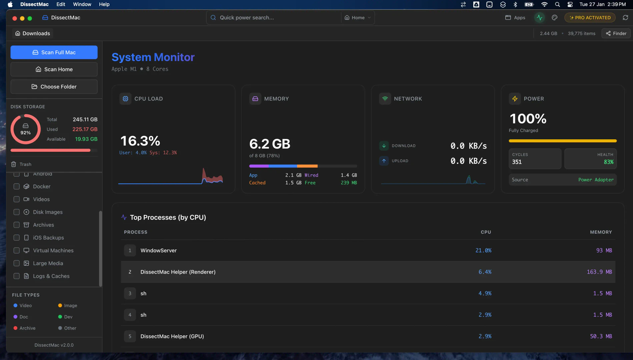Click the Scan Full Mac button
[54, 52]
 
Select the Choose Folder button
[54, 87]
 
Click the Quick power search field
[273, 18]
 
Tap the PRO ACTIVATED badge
[590, 18]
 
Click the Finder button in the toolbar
[616, 33]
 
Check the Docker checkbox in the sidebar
[16, 186]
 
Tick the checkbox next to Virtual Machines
[16, 250]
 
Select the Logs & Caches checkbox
[16, 276]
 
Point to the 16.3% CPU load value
[140, 141]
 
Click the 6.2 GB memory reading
[270, 144]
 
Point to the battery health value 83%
[608, 162]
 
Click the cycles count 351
[517, 162]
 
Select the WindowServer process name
[158, 250]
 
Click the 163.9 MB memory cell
[599, 272]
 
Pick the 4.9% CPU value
[485, 293]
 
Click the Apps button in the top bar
[515, 18]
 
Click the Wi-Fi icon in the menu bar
[544, 4]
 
